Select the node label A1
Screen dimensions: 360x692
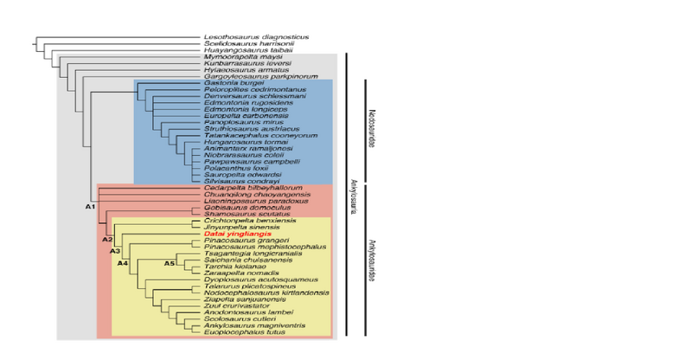(x=89, y=208)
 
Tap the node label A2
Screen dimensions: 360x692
(x=107, y=239)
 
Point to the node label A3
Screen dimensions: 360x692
(x=115, y=251)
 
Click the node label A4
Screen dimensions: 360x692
(x=123, y=263)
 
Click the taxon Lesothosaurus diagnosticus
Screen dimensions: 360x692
(x=256, y=37)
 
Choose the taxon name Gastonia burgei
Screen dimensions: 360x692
(x=230, y=83)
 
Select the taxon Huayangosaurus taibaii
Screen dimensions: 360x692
(x=248, y=50)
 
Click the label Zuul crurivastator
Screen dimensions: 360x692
(x=240, y=305)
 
